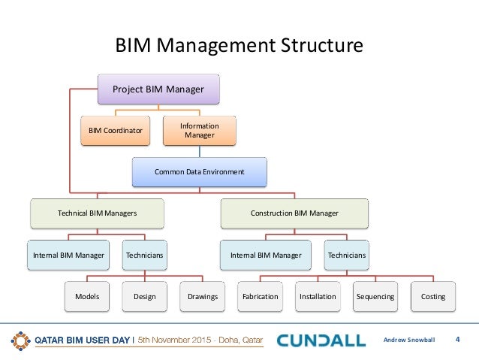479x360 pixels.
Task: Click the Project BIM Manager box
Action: coord(158,89)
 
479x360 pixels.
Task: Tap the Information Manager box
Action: coord(200,130)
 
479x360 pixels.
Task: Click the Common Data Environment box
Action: coord(200,171)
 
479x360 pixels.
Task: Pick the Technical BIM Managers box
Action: coord(98,213)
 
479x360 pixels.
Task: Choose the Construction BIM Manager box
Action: coord(294,213)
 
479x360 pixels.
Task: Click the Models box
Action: coord(87,296)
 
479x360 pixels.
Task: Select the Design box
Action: coord(145,296)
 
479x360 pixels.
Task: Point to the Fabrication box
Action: coord(261,296)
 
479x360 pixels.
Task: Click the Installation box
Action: coord(318,296)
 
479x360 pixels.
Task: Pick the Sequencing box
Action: coord(375,296)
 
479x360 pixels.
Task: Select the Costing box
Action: coord(433,296)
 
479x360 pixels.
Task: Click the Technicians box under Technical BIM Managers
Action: coord(145,256)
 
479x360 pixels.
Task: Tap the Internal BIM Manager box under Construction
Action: coord(266,256)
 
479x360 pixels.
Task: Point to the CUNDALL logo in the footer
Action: coord(321,340)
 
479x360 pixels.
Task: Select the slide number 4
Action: coord(457,340)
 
